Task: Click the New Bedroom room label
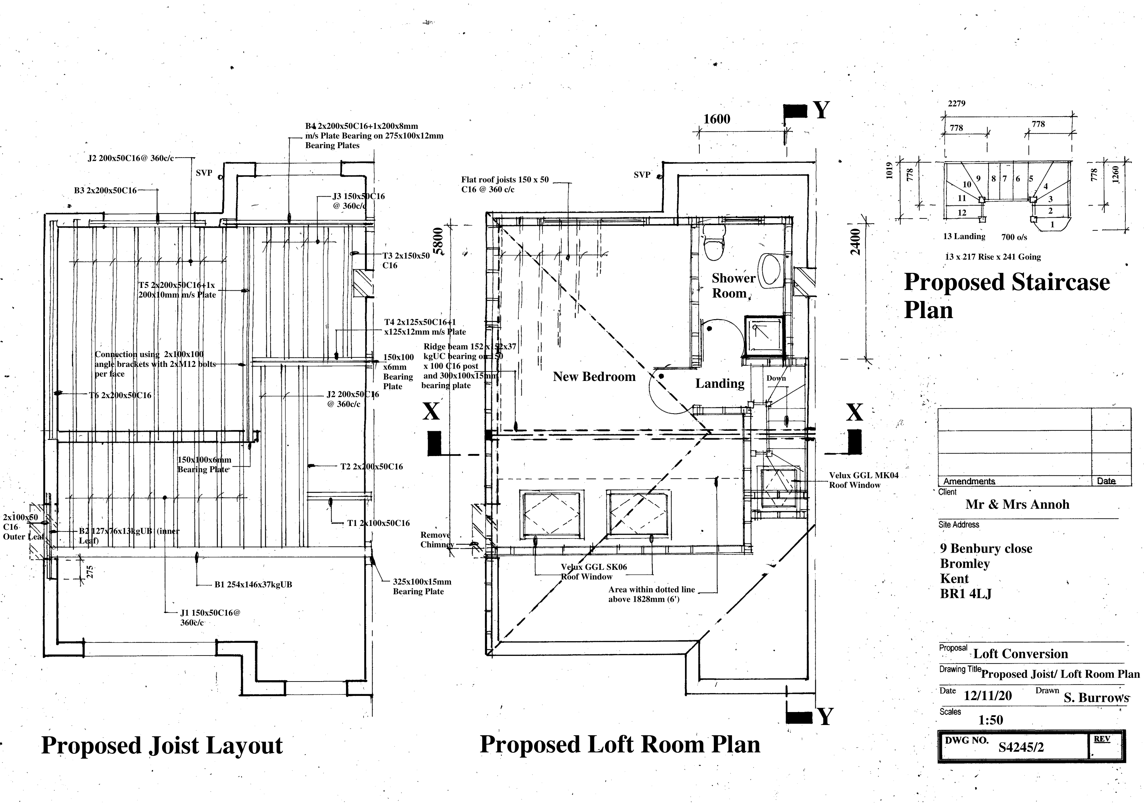tap(594, 377)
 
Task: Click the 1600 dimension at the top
tap(717, 119)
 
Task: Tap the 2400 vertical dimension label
tap(855, 242)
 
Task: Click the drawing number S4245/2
tap(1021, 747)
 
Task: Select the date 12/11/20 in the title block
tap(987, 696)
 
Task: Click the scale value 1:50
tap(991, 720)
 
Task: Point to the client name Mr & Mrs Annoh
tap(1017, 505)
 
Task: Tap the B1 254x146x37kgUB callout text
tap(253, 585)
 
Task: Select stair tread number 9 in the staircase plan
tap(978, 178)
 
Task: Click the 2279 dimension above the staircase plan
tap(956, 104)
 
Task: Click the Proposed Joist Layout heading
tap(161, 746)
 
